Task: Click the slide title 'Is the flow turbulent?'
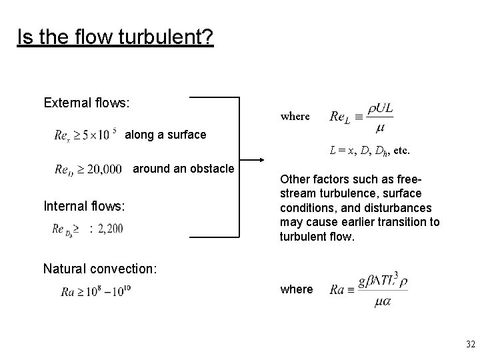[x=115, y=37]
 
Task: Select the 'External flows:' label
[x=87, y=103]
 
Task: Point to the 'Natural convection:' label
[x=100, y=269]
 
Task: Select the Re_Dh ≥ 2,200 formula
[x=87, y=229]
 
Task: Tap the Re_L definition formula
[x=361, y=117]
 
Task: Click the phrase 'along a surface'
[x=165, y=135]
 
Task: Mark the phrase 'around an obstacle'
[x=184, y=169]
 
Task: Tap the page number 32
[x=471, y=345]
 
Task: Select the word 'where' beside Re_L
[x=295, y=116]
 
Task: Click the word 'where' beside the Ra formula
[x=297, y=289]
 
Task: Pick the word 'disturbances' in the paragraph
[x=403, y=207]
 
